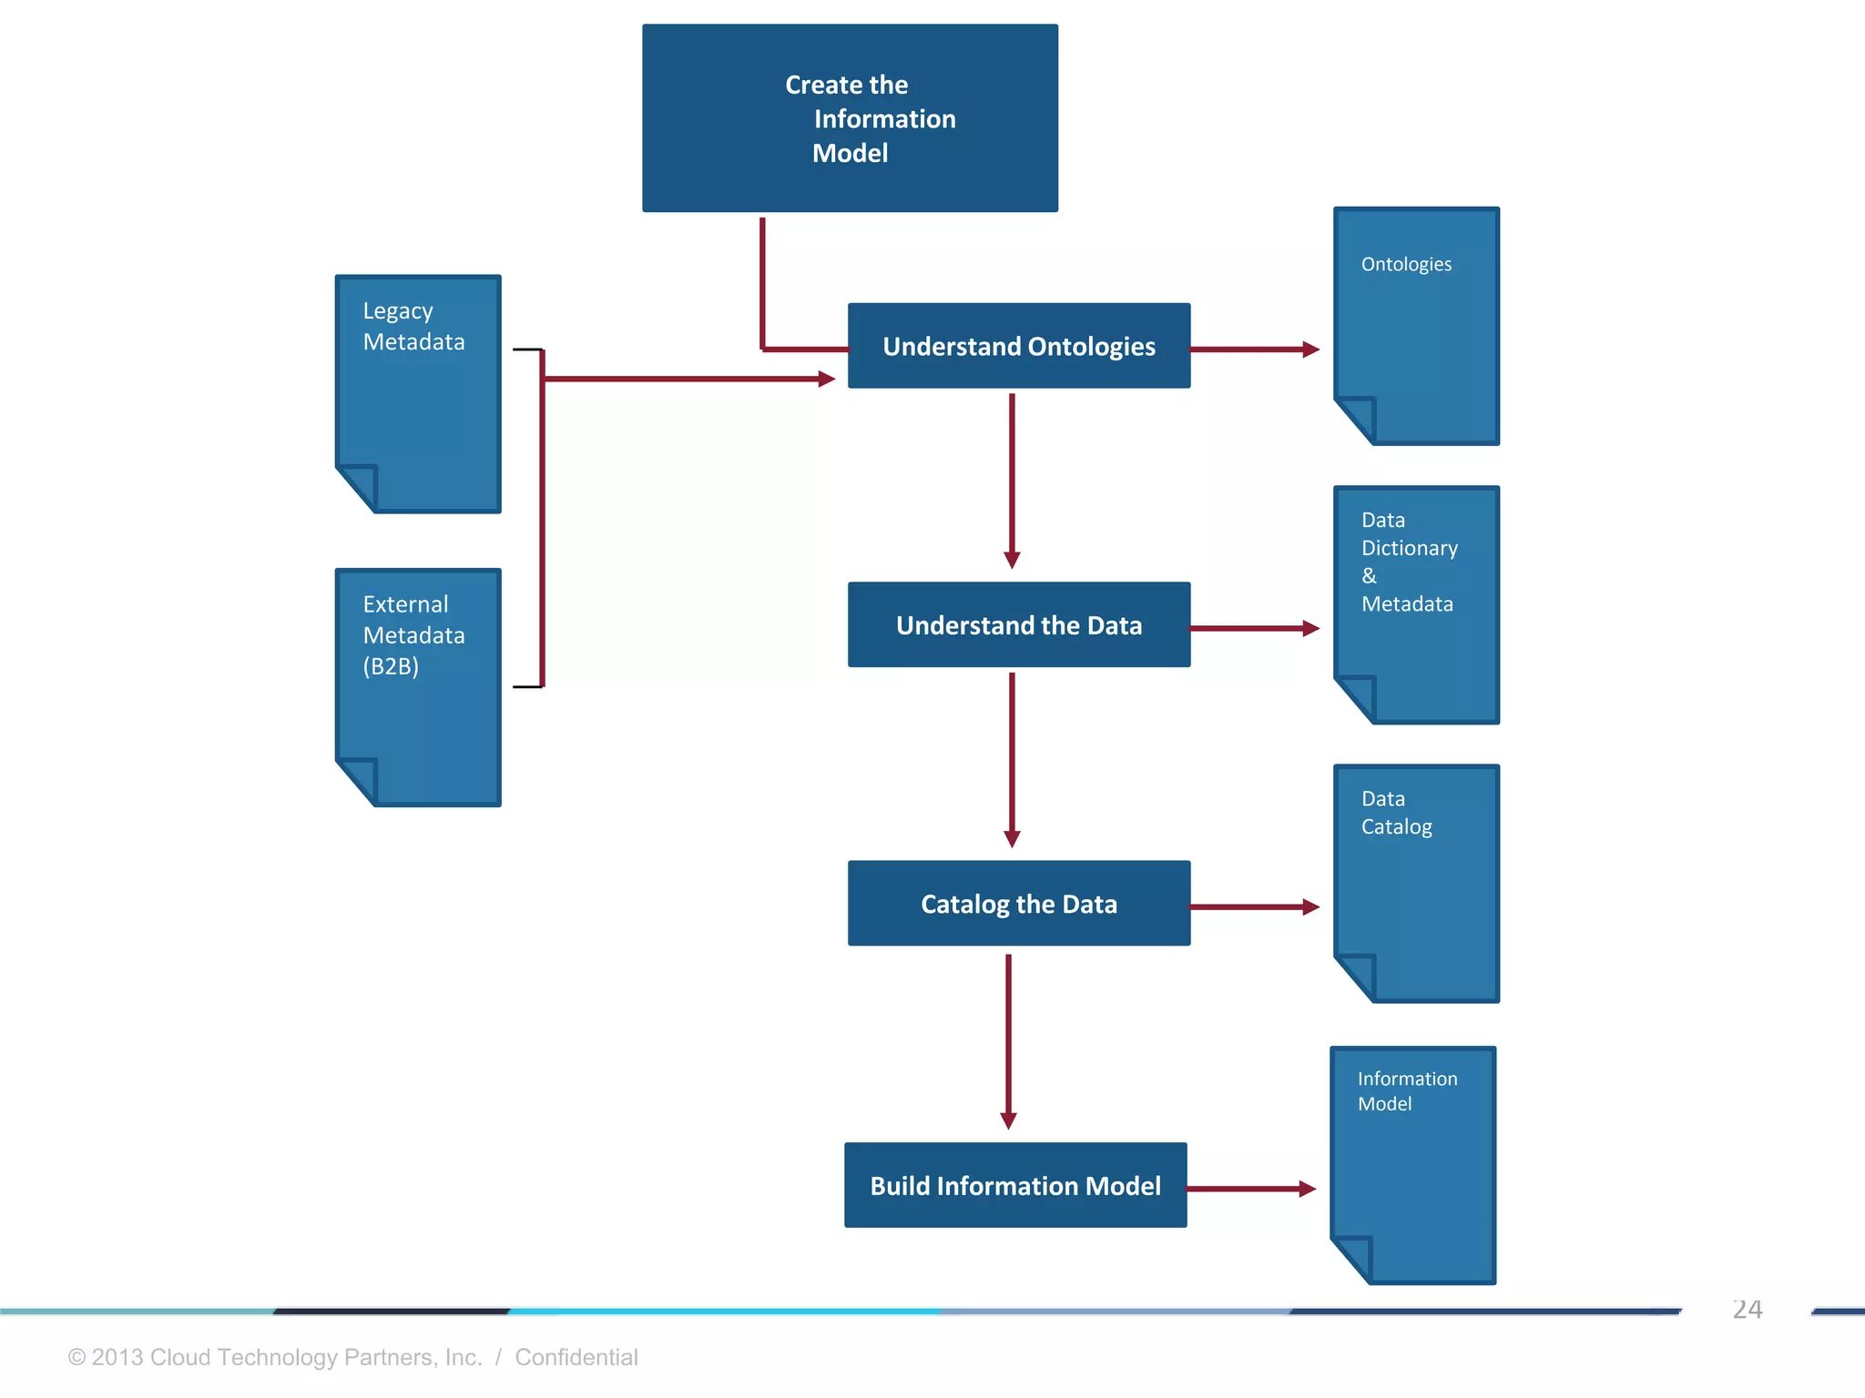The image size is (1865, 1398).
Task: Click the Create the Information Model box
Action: click(x=850, y=118)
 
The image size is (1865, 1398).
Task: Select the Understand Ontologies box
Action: click(x=1018, y=346)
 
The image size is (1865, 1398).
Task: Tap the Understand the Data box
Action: click(x=1018, y=625)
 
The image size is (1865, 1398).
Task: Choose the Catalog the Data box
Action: click(x=1018, y=904)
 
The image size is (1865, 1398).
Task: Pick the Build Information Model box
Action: click(x=1014, y=1185)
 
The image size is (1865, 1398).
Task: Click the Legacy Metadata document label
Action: click(x=413, y=326)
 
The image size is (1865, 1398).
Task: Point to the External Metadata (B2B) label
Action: click(x=413, y=634)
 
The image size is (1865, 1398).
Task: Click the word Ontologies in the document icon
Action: click(x=1406, y=264)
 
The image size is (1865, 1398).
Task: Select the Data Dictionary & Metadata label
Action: click(x=1408, y=562)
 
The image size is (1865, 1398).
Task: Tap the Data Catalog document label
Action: click(x=1396, y=813)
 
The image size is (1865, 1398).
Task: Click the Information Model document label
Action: click(x=1406, y=1090)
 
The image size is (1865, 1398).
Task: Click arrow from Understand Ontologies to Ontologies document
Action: click(x=1254, y=349)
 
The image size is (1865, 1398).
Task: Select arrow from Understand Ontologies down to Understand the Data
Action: click(x=1012, y=480)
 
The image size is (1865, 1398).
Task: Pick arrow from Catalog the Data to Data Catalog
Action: click(x=1254, y=907)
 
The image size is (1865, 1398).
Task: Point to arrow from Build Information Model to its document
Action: click(x=1250, y=1189)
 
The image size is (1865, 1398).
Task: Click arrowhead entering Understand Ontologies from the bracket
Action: click(x=826, y=379)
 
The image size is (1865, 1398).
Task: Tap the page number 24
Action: click(x=1747, y=1310)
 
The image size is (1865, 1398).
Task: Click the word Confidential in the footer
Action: click(x=576, y=1357)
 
